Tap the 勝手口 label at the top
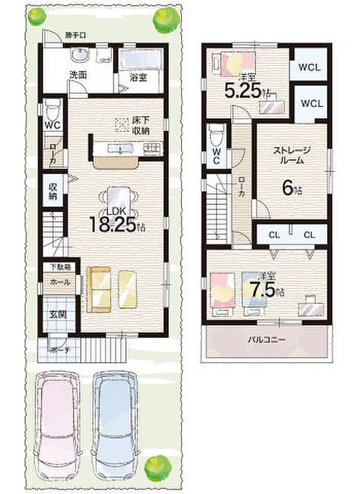point(75,36)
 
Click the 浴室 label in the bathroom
point(138,75)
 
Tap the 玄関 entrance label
point(57,315)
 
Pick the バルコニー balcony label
point(267,340)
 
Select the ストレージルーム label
point(292,155)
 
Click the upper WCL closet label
point(309,67)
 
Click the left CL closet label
point(273,235)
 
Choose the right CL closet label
point(308,235)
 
